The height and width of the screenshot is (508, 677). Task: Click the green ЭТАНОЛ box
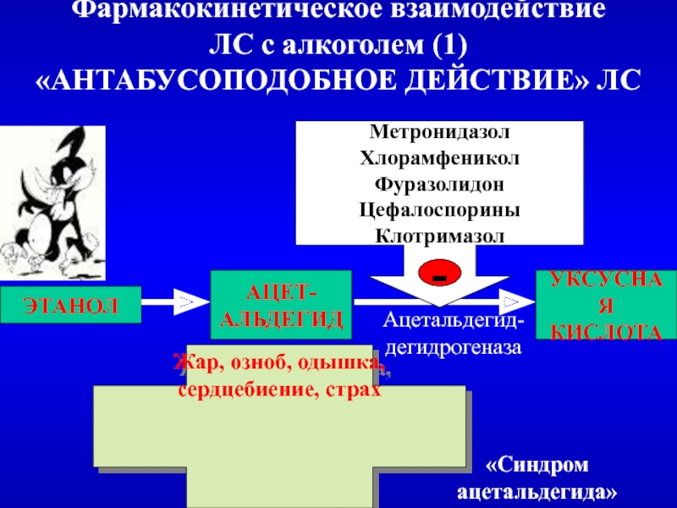tap(70, 305)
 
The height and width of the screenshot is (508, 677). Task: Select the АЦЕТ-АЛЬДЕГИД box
tap(280, 306)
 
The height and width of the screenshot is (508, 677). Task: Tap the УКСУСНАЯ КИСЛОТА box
tap(607, 305)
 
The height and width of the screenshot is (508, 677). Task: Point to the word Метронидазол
tap(440, 133)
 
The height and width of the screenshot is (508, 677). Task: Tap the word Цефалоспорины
tap(440, 207)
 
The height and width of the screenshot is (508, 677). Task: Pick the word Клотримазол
tap(440, 232)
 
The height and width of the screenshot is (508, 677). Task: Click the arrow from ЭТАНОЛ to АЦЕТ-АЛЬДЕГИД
tap(174, 301)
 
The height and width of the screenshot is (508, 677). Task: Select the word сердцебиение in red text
tap(233, 392)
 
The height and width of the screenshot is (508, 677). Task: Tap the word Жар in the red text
tap(193, 364)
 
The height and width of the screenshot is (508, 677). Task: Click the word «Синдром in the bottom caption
tap(537, 466)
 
